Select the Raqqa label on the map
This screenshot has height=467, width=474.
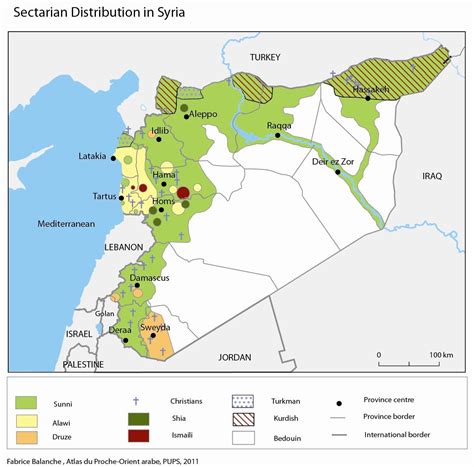279,126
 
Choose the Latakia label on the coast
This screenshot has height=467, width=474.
95,157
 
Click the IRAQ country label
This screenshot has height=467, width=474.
431,176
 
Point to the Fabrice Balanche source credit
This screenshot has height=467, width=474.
100,460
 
